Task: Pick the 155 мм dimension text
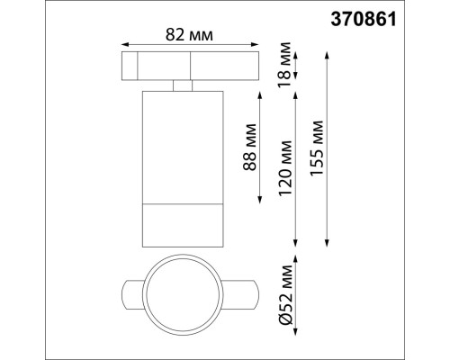click(x=315, y=148)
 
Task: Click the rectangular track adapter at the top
click(x=188, y=67)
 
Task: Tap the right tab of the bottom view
click(x=241, y=294)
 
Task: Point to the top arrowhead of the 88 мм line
click(x=260, y=94)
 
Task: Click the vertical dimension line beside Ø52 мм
click(x=297, y=294)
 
